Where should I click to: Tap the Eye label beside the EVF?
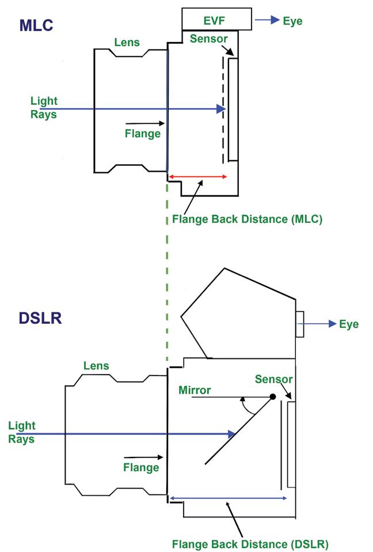(x=292, y=21)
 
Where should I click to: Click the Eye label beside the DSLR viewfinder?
(x=348, y=324)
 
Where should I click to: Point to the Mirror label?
(x=195, y=390)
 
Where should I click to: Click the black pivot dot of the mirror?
(x=273, y=396)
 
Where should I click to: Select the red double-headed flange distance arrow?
(x=197, y=176)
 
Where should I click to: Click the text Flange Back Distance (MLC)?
(x=248, y=219)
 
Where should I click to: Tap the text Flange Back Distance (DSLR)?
(x=250, y=543)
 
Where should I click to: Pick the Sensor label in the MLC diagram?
(x=208, y=39)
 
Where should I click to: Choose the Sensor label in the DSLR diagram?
(x=274, y=379)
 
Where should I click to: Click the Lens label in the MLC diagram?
(x=127, y=42)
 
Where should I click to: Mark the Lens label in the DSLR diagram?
(x=96, y=365)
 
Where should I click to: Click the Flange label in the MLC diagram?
(x=142, y=134)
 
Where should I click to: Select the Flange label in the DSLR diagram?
(x=141, y=467)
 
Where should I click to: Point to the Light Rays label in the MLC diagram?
(x=44, y=107)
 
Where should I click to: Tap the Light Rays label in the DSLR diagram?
(x=22, y=432)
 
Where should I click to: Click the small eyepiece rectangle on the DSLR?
(x=299, y=324)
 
